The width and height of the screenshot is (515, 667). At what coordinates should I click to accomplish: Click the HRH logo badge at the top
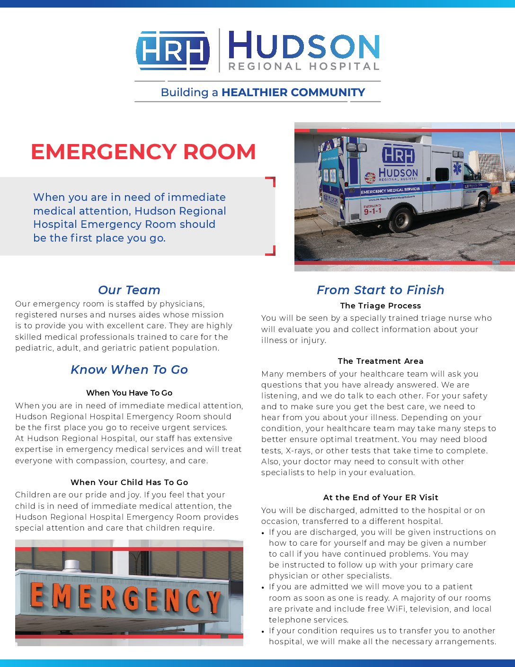click(173, 50)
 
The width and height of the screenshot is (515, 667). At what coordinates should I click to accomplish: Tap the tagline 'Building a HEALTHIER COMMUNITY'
click(263, 92)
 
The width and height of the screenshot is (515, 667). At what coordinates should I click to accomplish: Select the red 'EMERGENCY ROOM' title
click(143, 152)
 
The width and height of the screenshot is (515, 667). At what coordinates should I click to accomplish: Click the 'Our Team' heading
click(129, 290)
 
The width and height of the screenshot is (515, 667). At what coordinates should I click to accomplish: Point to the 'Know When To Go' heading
click(129, 370)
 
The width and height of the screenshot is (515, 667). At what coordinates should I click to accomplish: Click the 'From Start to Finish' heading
click(380, 290)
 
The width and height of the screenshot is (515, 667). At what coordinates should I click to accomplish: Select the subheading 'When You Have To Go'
click(129, 393)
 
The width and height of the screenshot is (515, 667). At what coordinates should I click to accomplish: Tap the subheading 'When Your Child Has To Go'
click(129, 482)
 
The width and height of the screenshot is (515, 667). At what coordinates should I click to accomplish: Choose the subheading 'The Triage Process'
click(380, 306)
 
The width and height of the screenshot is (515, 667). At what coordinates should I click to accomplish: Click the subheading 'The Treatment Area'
click(380, 361)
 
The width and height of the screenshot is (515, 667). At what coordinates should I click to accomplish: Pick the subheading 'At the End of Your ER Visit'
click(380, 497)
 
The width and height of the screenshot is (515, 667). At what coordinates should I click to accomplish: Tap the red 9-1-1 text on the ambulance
click(373, 211)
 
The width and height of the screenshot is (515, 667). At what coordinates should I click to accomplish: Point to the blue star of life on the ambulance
click(457, 169)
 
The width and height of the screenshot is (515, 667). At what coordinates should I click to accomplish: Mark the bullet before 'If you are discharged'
click(263, 533)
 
